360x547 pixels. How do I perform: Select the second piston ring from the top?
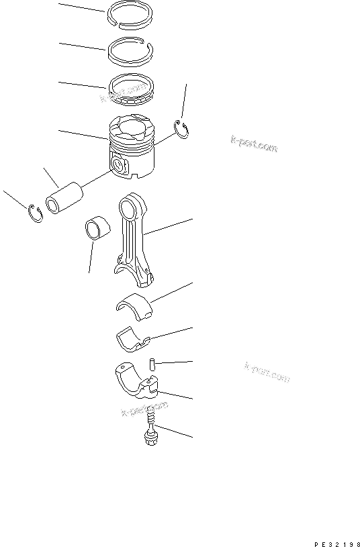(132, 49)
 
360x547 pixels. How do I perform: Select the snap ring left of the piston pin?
(36, 213)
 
